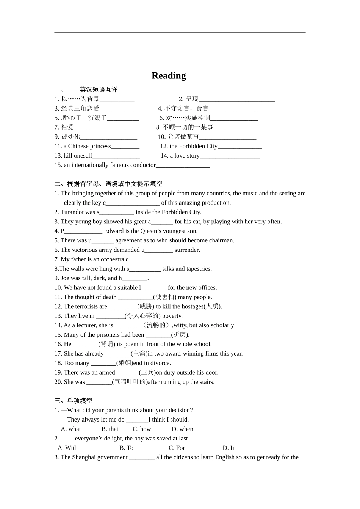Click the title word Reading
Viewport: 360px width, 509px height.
[x=169, y=76]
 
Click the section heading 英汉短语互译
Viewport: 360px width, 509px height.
[x=99, y=90]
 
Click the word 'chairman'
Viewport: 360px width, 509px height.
[x=221, y=240]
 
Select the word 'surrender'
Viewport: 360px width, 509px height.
[x=187, y=250]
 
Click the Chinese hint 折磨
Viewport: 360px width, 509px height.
[x=180, y=335]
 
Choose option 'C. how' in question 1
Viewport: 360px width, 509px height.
[x=142, y=429]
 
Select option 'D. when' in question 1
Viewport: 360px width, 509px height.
[x=182, y=429]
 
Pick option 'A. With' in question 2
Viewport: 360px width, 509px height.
[x=67, y=448]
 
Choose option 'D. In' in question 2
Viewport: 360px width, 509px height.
[x=229, y=448]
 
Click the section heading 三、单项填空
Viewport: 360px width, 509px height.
[x=73, y=401]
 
